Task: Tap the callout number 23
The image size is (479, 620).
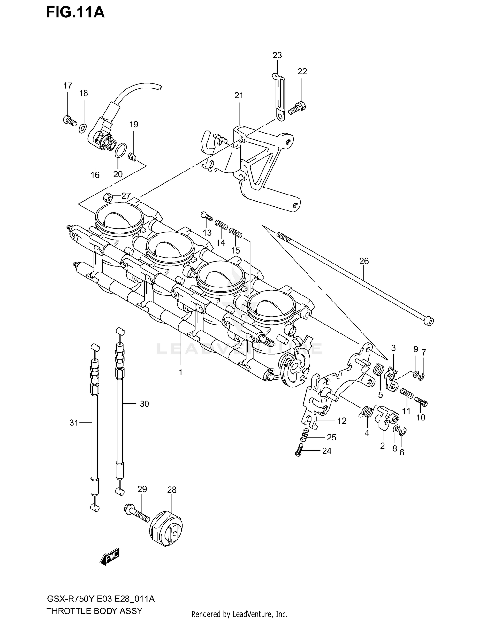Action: [x=277, y=56]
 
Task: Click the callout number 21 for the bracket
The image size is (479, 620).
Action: [x=239, y=95]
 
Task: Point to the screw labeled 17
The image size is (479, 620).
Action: [x=69, y=120]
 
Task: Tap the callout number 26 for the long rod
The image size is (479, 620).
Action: [x=364, y=261]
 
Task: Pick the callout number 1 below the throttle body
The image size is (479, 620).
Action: [x=180, y=372]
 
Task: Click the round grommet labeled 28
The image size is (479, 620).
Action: [x=166, y=530]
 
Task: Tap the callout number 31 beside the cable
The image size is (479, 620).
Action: [x=74, y=423]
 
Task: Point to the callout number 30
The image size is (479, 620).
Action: [x=144, y=404]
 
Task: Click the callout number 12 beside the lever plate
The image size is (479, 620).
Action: [x=342, y=421]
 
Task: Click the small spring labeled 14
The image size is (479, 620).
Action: [x=221, y=225]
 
